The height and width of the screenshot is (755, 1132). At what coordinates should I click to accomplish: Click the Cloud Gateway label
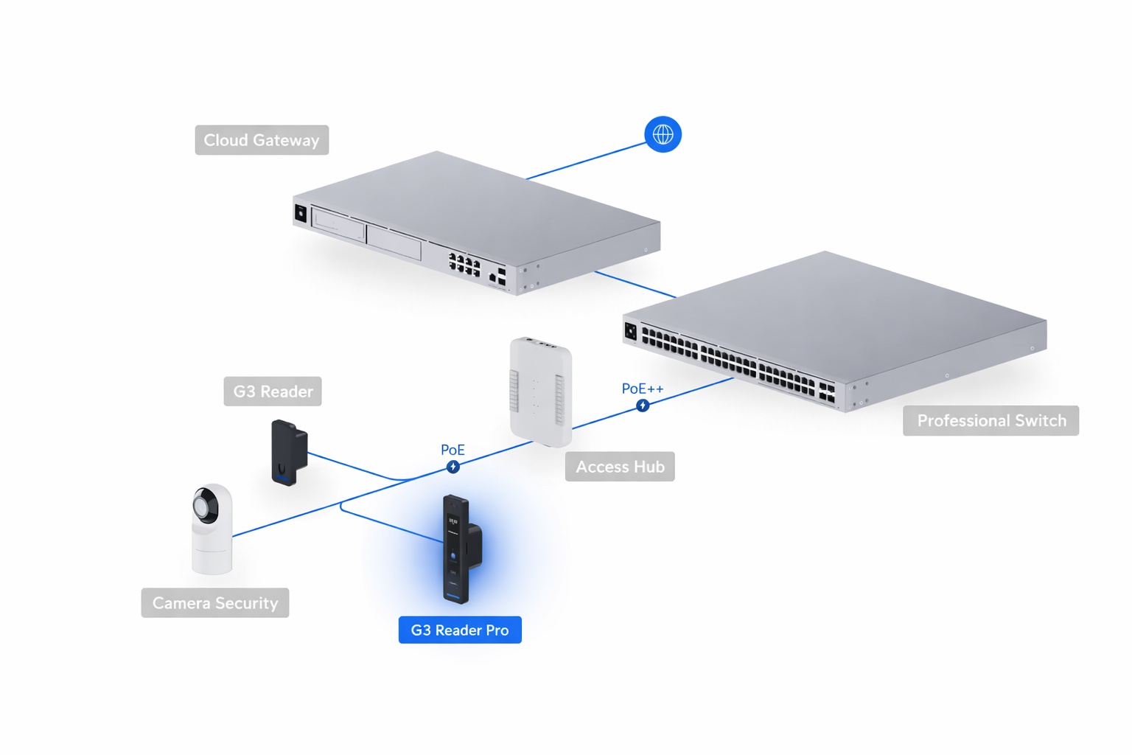(x=262, y=140)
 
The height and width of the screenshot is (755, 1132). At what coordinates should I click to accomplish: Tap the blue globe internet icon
(x=663, y=134)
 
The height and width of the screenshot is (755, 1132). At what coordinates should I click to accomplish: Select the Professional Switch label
(x=990, y=420)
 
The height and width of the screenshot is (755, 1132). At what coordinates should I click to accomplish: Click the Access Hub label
(x=620, y=467)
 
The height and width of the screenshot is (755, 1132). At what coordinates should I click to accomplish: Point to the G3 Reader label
(x=273, y=392)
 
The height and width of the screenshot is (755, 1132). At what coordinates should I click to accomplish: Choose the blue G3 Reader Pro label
(x=460, y=630)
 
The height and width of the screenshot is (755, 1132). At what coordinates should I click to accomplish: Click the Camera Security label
(x=215, y=603)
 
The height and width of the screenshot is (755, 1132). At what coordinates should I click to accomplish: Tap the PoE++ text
(x=642, y=389)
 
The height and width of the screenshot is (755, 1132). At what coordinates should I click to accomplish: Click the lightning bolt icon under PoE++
(x=643, y=406)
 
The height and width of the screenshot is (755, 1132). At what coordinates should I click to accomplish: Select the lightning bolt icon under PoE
(x=453, y=467)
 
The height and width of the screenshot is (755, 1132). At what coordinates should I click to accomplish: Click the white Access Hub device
(x=541, y=391)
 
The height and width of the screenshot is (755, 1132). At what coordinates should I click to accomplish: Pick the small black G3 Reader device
(x=288, y=452)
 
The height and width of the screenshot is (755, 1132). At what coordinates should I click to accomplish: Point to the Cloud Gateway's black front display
(x=301, y=214)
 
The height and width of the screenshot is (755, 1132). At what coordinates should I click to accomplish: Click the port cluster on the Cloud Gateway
(x=464, y=264)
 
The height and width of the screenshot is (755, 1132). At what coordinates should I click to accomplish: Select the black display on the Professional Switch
(x=630, y=331)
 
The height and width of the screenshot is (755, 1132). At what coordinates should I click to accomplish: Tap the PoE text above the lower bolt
(x=453, y=450)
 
